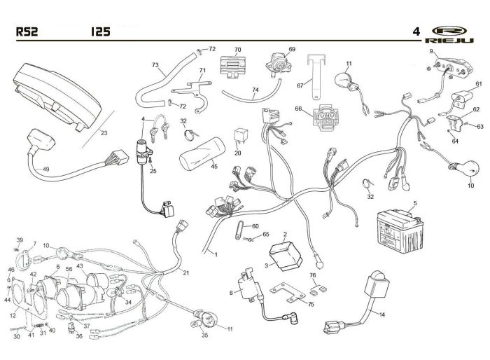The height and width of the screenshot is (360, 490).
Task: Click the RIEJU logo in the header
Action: (x=449, y=34)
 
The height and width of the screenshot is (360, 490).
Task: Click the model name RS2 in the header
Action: (x=27, y=32)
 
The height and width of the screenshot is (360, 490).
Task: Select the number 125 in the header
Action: (x=100, y=32)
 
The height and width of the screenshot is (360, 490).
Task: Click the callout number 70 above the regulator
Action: (x=237, y=50)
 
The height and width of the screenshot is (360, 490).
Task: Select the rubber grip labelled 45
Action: (x=202, y=153)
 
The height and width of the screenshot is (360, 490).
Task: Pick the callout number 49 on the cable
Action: (x=46, y=169)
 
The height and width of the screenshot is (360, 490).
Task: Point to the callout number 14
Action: (x=382, y=314)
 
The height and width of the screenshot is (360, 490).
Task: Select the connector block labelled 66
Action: (x=327, y=119)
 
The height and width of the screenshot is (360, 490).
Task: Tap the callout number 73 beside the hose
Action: (x=155, y=65)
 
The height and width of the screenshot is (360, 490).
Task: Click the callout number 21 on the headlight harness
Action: (x=186, y=272)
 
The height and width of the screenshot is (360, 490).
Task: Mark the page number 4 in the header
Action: (x=416, y=32)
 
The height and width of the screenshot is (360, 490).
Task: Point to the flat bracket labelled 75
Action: (x=288, y=293)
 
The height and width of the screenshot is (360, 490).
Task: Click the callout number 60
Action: (x=255, y=226)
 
